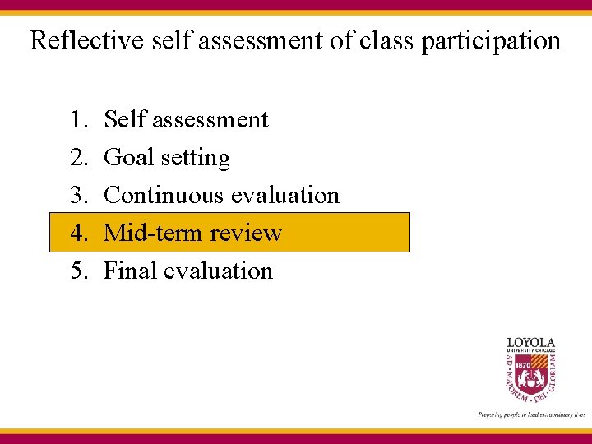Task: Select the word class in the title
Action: coord(386,40)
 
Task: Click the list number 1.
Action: coord(78,120)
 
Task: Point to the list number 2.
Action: coord(78,158)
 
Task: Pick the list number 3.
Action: coord(78,196)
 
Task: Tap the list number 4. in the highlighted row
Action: coord(78,234)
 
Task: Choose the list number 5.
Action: coord(78,271)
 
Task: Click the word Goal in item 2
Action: coord(128,158)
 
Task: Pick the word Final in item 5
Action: coord(130,271)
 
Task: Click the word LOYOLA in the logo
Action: coord(530,342)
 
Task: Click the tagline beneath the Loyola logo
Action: coord(531,414)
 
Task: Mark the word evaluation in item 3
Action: coord(284,196)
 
